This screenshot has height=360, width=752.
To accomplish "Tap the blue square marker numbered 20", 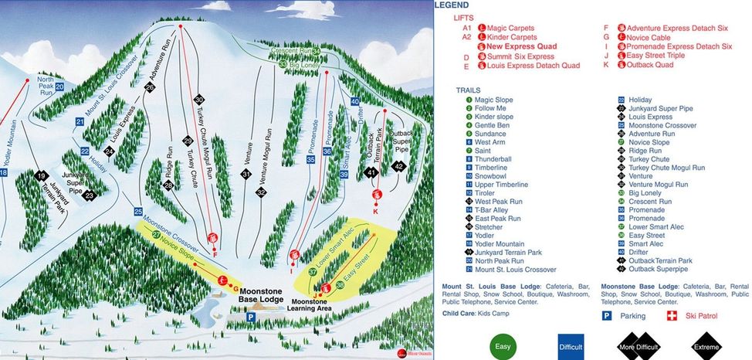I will pyautogui.click(x=59, y=87).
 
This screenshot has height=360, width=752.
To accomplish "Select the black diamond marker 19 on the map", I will pyautogui.click(x=41, y=176).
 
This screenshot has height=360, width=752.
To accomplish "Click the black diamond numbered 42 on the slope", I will pyautogui.click(x=398, y=166).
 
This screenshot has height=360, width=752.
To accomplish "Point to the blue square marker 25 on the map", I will pyautogui.click(x=138, y=211).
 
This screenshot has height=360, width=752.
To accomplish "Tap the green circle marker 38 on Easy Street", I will pyautogui.click(x=340, y=286).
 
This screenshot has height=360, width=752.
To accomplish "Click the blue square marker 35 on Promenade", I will pyautogui.click(x=310, y=159).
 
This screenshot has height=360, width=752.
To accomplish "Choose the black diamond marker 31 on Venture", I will pyautogui.click(x=246, y=175).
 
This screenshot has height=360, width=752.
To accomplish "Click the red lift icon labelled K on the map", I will pyautogui.click(x=376, y=202).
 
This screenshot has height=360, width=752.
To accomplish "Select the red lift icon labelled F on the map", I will pyautogui.click(x=214, y=239).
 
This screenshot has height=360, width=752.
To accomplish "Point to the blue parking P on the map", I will pyautogui.click(x=251, y=317).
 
